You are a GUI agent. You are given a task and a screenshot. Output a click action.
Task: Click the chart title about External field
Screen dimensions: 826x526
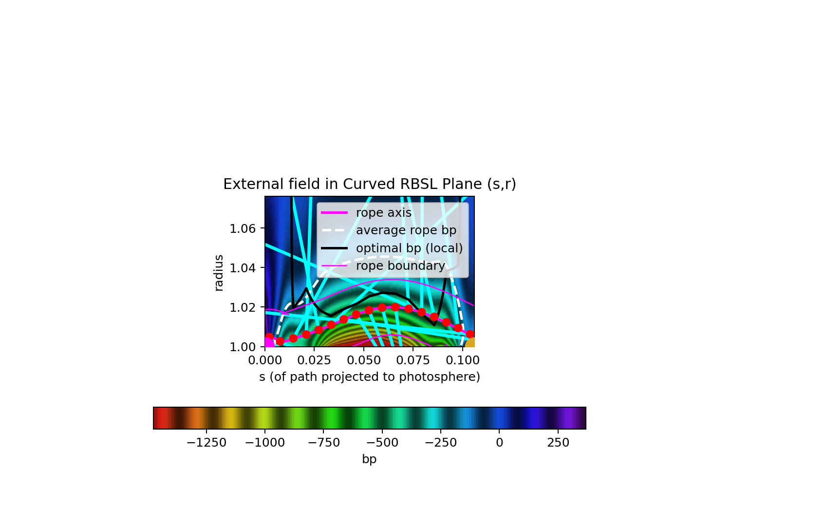tap(370, 184)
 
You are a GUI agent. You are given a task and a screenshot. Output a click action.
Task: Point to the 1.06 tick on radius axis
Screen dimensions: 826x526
tap(242, 229)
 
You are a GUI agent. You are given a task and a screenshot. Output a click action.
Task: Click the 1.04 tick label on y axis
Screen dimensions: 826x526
tap(242, 268)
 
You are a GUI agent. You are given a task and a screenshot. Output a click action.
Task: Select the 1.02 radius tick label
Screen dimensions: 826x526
tap(242, 308)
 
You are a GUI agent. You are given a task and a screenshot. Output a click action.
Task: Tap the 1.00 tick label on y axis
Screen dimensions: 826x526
tap(242, 347)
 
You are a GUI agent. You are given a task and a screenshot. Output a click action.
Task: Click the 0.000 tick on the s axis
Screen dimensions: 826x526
tap(265, 360)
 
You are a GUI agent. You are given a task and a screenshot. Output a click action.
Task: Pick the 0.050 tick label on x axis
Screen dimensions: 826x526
tap(364, 360)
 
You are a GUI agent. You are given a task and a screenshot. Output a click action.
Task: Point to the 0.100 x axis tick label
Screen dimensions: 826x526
tap(462, 360)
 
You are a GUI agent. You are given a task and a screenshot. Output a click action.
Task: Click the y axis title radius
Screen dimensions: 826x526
tap(218, 273)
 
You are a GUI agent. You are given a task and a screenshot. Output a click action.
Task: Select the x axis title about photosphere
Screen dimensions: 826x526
tap(370, 376)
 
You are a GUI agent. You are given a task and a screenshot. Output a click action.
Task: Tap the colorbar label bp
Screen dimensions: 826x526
tap(369, 459)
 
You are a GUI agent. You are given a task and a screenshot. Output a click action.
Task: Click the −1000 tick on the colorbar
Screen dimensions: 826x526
tap(265, 442)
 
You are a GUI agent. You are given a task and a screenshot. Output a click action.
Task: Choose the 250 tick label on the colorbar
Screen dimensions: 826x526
tap(558, 442)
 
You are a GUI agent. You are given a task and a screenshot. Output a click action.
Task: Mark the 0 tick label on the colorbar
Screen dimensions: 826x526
tap(499, 442)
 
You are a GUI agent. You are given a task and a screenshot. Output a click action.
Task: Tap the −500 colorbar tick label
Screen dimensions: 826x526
tap(382, 442)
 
